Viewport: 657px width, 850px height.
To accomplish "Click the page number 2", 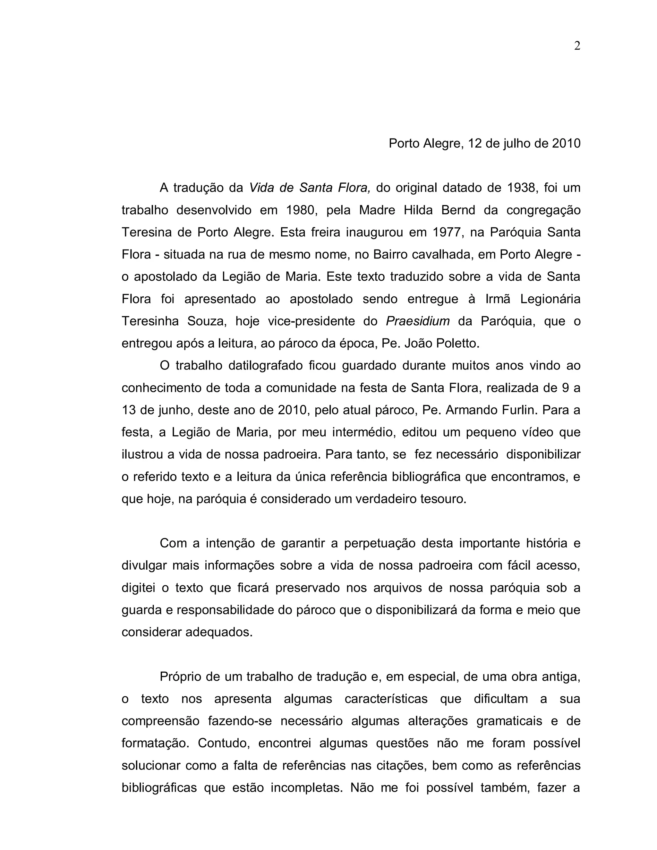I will [x=577, y=46].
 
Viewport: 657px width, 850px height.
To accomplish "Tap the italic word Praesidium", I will [x=418, y=321].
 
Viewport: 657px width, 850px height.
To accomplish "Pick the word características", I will [x=386, y=699].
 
